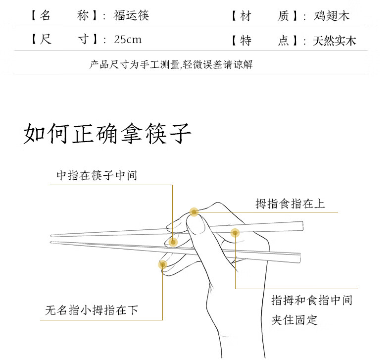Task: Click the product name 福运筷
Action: click(x=131, y=15)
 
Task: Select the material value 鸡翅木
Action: click(x=331, y=16)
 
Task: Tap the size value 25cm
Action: click(x=127, y=40)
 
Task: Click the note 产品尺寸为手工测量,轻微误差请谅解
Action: click(x=171, y=64)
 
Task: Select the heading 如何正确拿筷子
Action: click(x=107, y=133)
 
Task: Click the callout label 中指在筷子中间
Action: click(x=97, y=175)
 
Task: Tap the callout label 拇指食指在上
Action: click(x=290, y=203)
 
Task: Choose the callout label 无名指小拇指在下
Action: click(x=92, y=310)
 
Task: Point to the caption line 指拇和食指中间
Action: click(x=312, y=300)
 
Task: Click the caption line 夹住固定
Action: click(x=294, y=319)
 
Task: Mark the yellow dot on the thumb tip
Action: click(x=194, y=212)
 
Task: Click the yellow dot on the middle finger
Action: click(x=173, y=242)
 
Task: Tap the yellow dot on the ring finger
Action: click(x=162, y=264)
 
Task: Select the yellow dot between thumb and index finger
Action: click(x=235, y=232)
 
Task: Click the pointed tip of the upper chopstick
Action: click(x=51, y=235)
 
